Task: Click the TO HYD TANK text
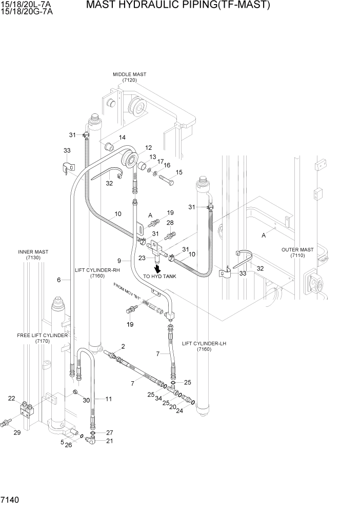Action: (x=159, y=277)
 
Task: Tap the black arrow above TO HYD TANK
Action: (x=158, y=268)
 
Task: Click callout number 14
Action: (x=122, y=138)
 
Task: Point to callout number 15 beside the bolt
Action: (x=179, y=172)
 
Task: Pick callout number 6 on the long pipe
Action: (x=59, y=280)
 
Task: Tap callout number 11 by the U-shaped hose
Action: (x=108, y=399)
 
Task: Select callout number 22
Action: (x=11, y=398)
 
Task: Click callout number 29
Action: (x=17, y=433)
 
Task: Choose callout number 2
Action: (x=123, y=346)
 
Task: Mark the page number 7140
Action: (x=11, y=499)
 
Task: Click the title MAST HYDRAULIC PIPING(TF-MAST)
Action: (x=177, y=6)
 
